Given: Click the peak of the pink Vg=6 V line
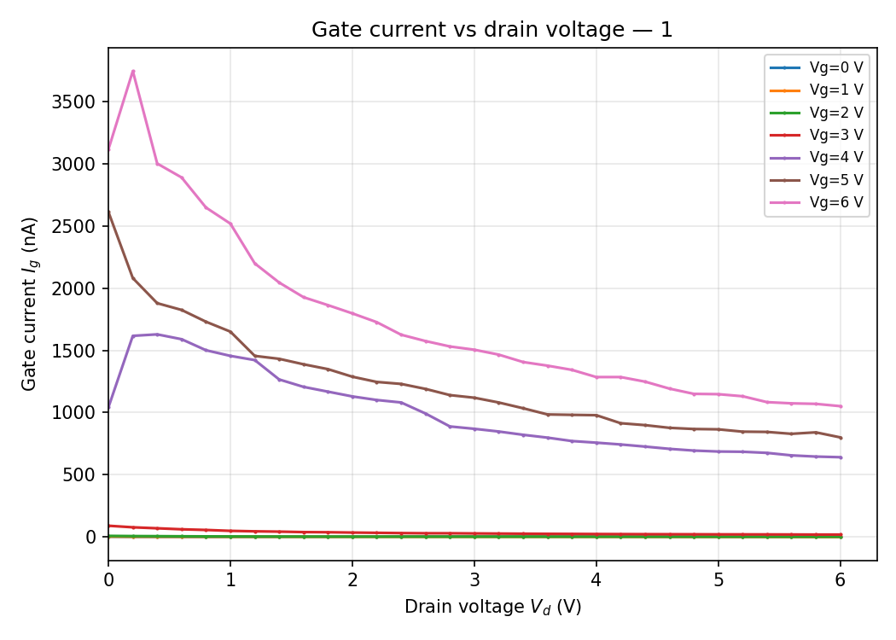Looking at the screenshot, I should [x=133, y=71].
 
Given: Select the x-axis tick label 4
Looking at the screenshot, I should [x=596, y=579].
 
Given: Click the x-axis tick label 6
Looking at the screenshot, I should [x=841, y=579].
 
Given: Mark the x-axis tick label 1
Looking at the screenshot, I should [x=230, y=579].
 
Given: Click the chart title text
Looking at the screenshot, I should [x=492, y=30].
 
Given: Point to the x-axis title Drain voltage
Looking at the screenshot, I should [x=492, y=607].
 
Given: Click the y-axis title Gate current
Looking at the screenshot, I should [x=30, y=304].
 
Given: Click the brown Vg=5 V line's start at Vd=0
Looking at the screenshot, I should [x=109, y=212].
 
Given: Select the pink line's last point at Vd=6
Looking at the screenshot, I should [x=841, y=406].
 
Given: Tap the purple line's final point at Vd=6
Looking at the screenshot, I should [x=841, y=457].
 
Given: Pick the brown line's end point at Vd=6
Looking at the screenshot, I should [x=841, y=438].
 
